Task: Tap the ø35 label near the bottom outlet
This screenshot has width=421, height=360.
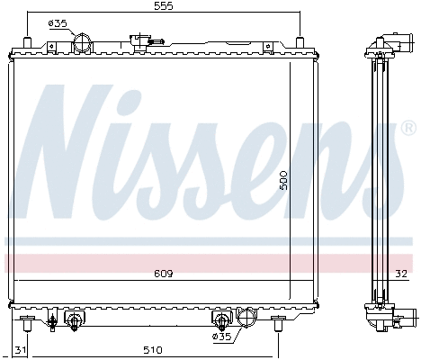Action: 221,337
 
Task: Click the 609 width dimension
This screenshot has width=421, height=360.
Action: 163,273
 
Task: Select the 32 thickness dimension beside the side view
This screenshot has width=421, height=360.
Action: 400,273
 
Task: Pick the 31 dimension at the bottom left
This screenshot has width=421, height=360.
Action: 21,349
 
